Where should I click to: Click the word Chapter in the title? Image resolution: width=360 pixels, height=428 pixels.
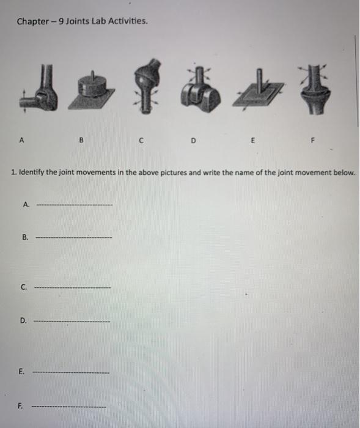[x=32, y=22]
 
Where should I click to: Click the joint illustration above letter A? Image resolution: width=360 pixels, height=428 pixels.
[x=38, y=92]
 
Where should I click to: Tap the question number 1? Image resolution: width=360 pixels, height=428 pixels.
[x=12, y=173]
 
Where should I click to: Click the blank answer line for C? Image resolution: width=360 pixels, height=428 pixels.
[x=73, y=287]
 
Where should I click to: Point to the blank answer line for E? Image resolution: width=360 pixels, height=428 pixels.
[x=71, y=372]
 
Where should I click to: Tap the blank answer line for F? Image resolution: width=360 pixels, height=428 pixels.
[x=69, y=406]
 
